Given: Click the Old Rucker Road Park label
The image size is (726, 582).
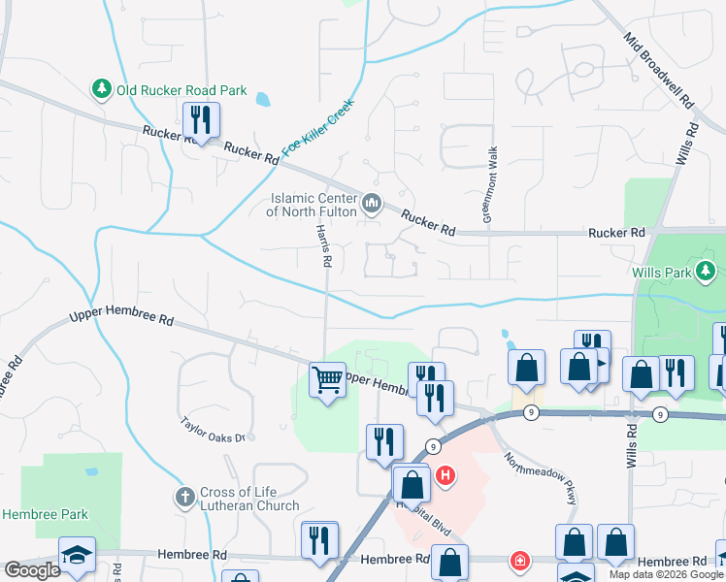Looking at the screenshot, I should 181,90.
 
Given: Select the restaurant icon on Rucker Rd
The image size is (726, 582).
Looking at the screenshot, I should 201,121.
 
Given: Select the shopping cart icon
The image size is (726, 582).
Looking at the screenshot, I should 327,379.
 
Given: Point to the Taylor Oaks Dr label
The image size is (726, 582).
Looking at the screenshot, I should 216,430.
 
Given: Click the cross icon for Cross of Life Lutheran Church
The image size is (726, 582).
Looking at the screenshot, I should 184,498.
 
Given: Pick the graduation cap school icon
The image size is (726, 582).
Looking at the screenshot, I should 77,554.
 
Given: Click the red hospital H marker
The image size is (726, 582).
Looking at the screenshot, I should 445,476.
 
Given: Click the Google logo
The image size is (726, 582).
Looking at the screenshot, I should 32,569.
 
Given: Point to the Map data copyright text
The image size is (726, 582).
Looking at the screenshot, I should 666,574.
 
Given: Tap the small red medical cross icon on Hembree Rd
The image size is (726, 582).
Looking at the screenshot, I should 521,561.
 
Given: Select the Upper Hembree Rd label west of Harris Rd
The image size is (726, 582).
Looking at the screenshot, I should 120,318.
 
